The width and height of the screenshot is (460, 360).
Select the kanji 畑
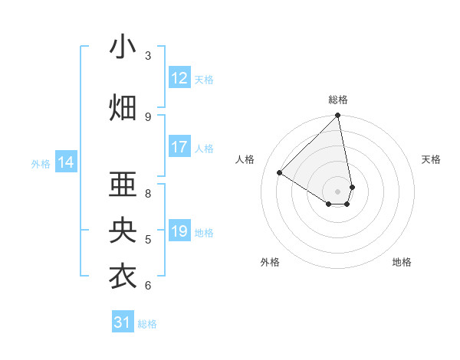pyautogui.click(x=123, y=108)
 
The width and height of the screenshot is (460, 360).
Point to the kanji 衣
pyautogui.click(x=123, y=277)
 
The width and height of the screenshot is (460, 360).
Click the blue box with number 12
pyautogui.click(x=179, y=78)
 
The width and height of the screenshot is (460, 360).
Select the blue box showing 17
pyautogui.click(x=179, y=147)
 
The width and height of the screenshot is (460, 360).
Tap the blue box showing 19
pyautogui.click(x=179, y=231)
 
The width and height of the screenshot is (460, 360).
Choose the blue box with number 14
pyautogui.click(x=66, y=162)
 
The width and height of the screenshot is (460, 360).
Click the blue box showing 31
pyautogui.click(x=123, y=322)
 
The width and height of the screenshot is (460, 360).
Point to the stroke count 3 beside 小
pyautogui.click(x=148, y=56)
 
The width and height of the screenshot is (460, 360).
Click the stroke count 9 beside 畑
pyautogui.click(x=148, y=117)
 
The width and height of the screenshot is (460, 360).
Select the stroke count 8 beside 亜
pyautogui.click(x=148, y=194)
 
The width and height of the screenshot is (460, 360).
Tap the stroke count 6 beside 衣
pyautogui.click(x=148, y=286)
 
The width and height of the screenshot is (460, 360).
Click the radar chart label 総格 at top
pyautogui.click(x=338, y=100)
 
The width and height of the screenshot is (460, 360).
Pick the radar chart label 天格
pyautogui.click(x=432, y=159)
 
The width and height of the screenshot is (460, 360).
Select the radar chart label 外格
pyautogui.click(x=270, y=262)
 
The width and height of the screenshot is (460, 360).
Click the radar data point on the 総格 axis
pyautogui.click(x=338, y=116)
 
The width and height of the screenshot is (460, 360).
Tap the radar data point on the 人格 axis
pyautogui.click(x=280, y=172)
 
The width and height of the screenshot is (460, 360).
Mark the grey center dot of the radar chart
pyautogui.click(x=338, y=191)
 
